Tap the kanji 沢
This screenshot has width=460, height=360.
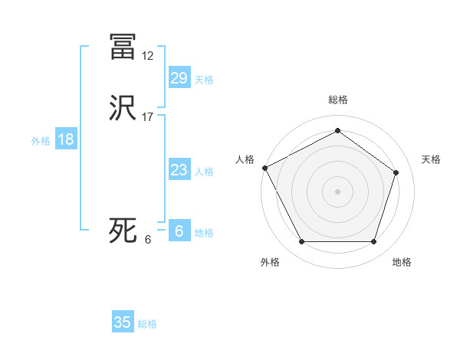[123, 108]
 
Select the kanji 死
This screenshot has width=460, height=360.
[123, 231]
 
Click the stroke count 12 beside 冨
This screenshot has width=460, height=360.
[148, 56]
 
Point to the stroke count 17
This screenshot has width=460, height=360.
[148, 117]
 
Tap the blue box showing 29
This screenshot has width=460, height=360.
[179, 78]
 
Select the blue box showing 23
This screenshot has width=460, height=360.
[179, 170]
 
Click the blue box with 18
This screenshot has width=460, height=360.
[65, 139]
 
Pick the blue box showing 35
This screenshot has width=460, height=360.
[123, 322]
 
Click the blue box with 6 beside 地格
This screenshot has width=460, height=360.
[179, 231]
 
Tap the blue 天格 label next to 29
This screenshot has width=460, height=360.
[204, 80]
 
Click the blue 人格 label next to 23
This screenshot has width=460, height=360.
[204, 172]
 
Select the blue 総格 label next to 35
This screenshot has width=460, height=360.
[147, 324]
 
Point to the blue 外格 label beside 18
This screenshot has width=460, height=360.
[41, 141]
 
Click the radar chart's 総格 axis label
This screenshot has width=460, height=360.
[337, 100]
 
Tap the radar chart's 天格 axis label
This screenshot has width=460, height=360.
[432, 159]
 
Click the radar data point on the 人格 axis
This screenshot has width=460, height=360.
[264, 168]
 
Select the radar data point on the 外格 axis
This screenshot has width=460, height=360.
[301, 242]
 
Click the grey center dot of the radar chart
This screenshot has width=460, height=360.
[337, 191]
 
